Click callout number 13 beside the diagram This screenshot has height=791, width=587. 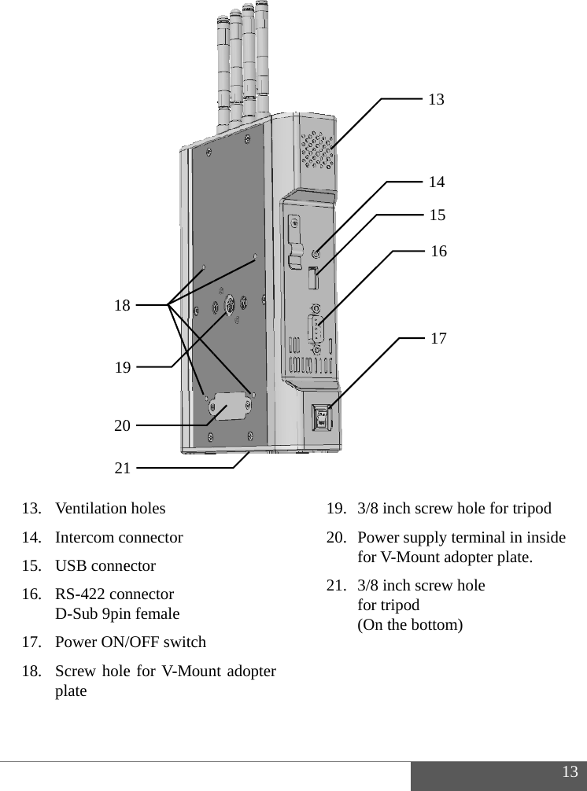[x=436, y=100]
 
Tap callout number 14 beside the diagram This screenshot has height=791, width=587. [x=437, y=182]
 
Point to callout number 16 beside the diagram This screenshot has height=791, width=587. [x=439, y=252]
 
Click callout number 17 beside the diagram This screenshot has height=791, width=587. [x=439, y=339]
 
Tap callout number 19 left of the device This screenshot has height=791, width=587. [x=122, y=367]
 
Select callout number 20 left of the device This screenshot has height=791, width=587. [x=122, y=426]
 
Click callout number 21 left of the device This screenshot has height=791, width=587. [x=122, y=469]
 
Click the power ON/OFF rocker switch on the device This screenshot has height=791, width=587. [x=321, y=418]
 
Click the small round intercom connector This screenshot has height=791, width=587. [x=316, y=253]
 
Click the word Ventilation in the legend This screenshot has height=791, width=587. [x=92, y=508]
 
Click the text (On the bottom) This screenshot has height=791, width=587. [x=410, y=625]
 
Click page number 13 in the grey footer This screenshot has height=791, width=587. [x=570, y=771]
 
